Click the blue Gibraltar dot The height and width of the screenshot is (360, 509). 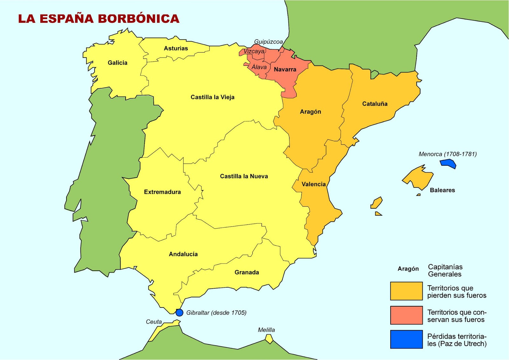click(179, 312)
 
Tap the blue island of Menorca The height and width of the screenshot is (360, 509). click(448, 163)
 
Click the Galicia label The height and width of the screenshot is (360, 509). click(117, 63)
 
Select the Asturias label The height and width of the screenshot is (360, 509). click(176, 48)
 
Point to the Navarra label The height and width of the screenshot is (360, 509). click(285, 69)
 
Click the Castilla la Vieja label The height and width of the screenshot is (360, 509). click(212, 97)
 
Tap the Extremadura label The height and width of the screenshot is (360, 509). click(162, 192)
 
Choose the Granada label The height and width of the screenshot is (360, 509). click(247, 272)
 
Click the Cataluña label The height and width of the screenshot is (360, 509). click(374, 104)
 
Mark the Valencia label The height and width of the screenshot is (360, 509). click(313, 184)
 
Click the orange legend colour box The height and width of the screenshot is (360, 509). click(406, 291)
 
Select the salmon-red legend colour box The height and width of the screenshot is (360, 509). click(406, 315)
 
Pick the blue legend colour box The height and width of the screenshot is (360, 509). click(406, 339)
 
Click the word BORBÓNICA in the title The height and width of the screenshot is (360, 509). click(138, 18)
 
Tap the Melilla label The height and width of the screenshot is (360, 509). click(266, 330)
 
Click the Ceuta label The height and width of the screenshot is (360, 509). click(154, 322)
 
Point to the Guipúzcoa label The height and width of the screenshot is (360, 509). click(268, 42)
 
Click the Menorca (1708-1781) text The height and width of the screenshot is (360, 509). click(447, 154)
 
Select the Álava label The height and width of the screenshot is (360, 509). click(259, 67)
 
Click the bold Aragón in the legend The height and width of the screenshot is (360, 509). click(408, 269)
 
